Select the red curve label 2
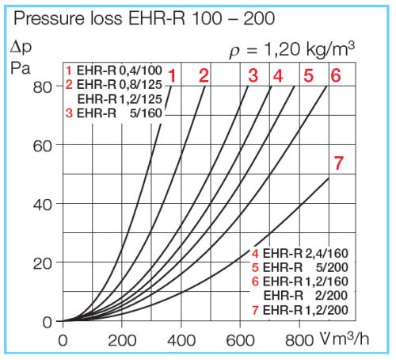pos(204,76)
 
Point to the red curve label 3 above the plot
pos(253,76)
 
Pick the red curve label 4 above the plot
pos(277,76)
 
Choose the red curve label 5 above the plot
pos(308,76)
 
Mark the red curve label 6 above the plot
pos(335,76)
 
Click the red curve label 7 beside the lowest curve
pos(338,164)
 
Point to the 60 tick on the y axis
pos(43,145)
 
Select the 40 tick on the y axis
pos(43,204)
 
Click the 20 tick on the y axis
pos(43,262)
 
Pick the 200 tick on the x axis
pos(122,342)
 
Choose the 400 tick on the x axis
pos(181,342)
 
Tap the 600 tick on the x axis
pos(240,342)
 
